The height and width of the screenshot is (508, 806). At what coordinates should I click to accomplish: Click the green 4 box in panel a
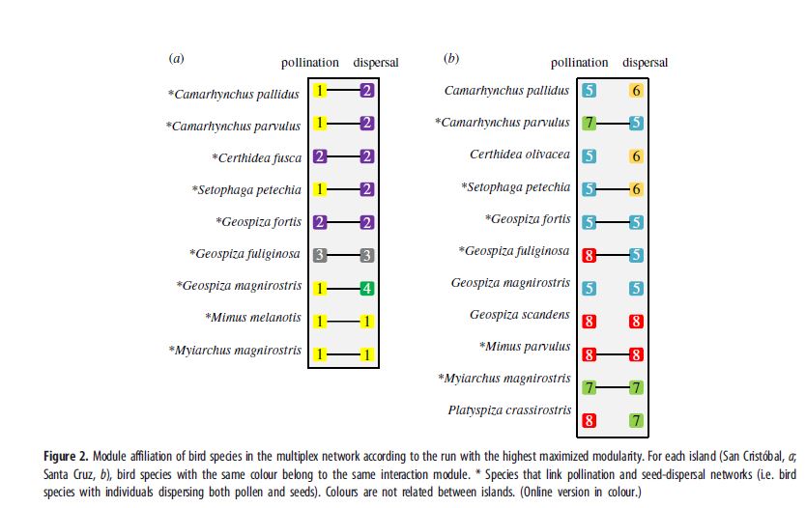tap(366, 287)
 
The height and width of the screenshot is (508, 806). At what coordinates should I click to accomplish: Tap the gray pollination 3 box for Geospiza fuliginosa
tap(320, 255)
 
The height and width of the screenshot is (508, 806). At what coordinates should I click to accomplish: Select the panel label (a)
tap(176, 59)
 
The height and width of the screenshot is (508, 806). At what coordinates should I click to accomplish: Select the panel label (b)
tap(451, 59)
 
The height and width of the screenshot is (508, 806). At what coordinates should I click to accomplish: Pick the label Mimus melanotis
tap(253, 317)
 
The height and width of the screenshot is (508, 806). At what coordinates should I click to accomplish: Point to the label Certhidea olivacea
tap(519, 155)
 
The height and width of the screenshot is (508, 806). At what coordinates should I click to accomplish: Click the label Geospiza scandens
tap(519, 315)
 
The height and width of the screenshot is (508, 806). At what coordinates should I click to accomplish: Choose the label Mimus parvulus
tap(524, 347)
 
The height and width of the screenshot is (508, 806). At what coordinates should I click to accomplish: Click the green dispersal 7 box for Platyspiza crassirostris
tap(636, 420)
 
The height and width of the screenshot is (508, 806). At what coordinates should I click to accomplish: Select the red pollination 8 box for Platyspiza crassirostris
tap(589, 420)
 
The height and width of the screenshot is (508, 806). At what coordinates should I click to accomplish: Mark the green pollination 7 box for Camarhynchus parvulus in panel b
tap(589, 123)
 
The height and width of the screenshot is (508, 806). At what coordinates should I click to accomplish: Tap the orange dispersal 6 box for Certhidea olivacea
tap(636, 155)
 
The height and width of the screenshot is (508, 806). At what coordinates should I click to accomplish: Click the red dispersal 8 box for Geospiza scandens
tap(636, 321)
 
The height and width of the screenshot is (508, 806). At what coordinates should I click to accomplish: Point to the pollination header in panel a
tap(309, 63)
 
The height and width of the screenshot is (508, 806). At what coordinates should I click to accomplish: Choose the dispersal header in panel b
tap(645, 63)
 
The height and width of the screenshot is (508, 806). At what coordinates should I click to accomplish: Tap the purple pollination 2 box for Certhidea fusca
tap(320, 157)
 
